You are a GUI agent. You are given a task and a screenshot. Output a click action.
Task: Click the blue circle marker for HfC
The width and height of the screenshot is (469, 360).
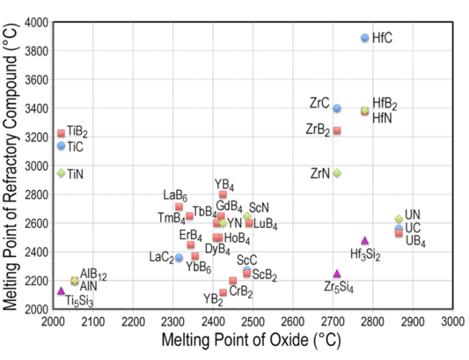pos(365,38)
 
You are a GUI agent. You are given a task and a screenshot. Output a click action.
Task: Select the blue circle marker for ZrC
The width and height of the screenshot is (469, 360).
pos(337,108)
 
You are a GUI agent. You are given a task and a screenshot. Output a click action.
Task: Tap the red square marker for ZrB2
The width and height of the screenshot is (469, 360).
pos(337,131)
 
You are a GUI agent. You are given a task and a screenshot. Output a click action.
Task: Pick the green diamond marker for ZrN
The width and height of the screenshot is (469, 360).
pos(337,173)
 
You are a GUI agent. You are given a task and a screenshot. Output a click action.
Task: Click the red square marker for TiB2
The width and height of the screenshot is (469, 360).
pos(61,134)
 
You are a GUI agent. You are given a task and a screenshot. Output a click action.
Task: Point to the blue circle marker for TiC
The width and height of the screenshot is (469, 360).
pos(61,146)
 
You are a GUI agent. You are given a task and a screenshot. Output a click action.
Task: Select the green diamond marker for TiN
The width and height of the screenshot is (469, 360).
pos(61,173)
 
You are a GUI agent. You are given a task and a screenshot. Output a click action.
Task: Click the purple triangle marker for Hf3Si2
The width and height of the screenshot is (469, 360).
pos(365,240)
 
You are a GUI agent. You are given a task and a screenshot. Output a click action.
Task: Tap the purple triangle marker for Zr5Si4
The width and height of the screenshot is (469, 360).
pos(337,274)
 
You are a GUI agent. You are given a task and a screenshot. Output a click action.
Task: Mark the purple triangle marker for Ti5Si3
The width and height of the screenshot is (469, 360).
pos(61,290)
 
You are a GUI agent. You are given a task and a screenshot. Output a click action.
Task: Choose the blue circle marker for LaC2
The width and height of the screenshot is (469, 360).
pos(179,258)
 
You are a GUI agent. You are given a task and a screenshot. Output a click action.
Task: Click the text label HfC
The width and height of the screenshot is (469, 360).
pos(383,39)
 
